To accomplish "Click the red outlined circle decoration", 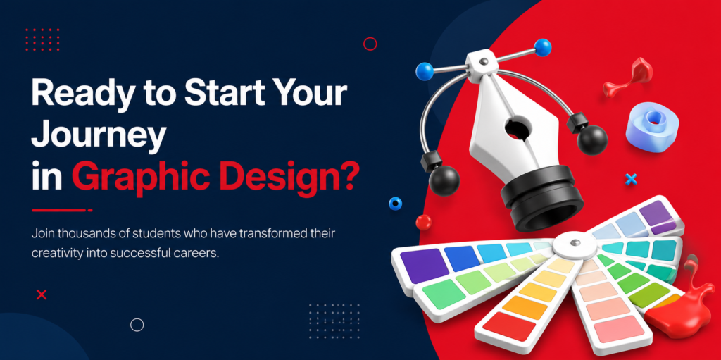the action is pos(370,44).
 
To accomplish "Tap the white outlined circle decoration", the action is pos(137,325).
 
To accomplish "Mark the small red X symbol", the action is pos(42,294).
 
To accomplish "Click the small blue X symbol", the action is pos(632,179).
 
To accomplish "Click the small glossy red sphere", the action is pos(423,223).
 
